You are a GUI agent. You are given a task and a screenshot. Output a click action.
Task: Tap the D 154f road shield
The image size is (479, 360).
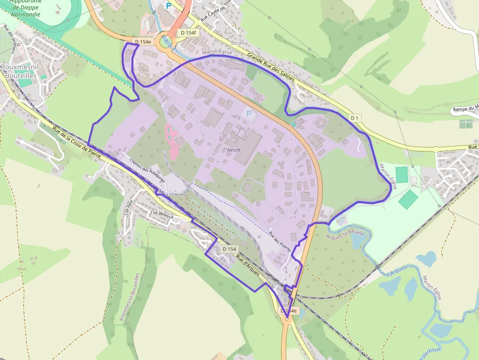coord(188,33)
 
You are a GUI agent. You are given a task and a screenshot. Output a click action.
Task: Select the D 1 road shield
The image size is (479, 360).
coord(355,118)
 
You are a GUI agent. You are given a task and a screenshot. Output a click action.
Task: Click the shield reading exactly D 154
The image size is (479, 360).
coord(229,249)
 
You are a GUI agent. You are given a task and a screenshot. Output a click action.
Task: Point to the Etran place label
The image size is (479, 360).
coord(237,43)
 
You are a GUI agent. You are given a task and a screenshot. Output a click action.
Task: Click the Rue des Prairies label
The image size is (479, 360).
coord(280,241)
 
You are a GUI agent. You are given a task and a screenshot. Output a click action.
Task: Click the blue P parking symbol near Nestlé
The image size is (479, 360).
coord(249,114)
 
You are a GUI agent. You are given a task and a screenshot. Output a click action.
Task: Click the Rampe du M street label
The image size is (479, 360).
coord(465,109)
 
